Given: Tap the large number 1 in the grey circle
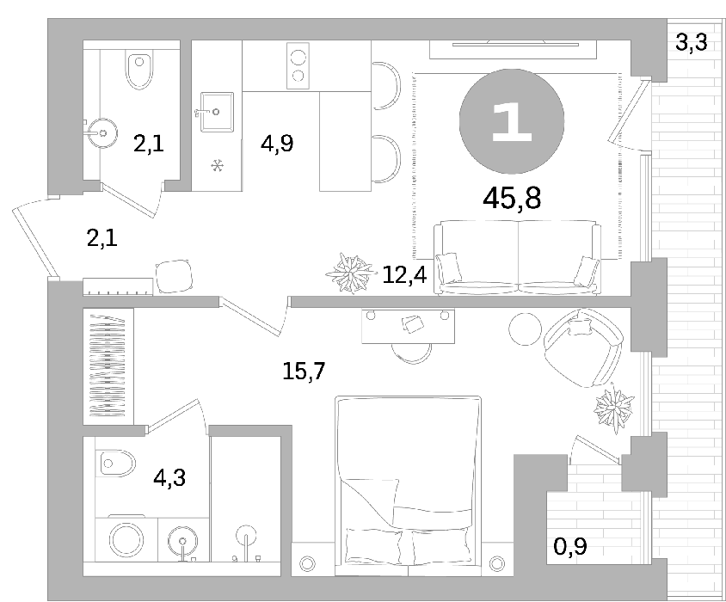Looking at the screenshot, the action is [511, 121].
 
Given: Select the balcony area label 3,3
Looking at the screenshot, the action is [692, 42].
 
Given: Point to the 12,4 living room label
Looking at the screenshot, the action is [404, 275].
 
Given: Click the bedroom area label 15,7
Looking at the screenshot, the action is [304, 371].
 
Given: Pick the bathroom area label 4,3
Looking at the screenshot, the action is [169, 477].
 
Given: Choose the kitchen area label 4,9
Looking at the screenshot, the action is [277, 144].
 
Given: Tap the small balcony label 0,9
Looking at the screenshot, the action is [570, 546].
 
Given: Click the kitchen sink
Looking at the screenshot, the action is [217, 112].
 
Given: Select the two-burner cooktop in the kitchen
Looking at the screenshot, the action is [298, 65].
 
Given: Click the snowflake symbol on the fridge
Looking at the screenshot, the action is [218, 165].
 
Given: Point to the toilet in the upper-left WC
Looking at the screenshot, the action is [139, 70].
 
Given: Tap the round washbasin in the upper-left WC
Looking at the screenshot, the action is [102, 133].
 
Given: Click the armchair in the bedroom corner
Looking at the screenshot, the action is [583, 347].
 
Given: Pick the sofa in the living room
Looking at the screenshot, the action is [517, 257].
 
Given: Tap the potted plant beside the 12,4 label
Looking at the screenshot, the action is [350, 273].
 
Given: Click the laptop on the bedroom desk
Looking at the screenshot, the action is [413, 323].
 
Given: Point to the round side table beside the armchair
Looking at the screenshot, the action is [525, 329].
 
